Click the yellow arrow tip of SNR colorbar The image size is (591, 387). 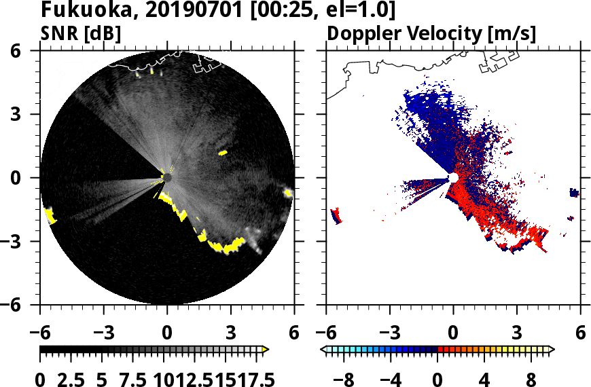(266, 350)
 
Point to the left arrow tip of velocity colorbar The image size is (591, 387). (324, 350)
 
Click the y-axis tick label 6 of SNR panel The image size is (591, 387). (31, 51)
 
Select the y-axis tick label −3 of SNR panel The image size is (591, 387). (25, 242)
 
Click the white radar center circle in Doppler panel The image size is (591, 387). (453, 178)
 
